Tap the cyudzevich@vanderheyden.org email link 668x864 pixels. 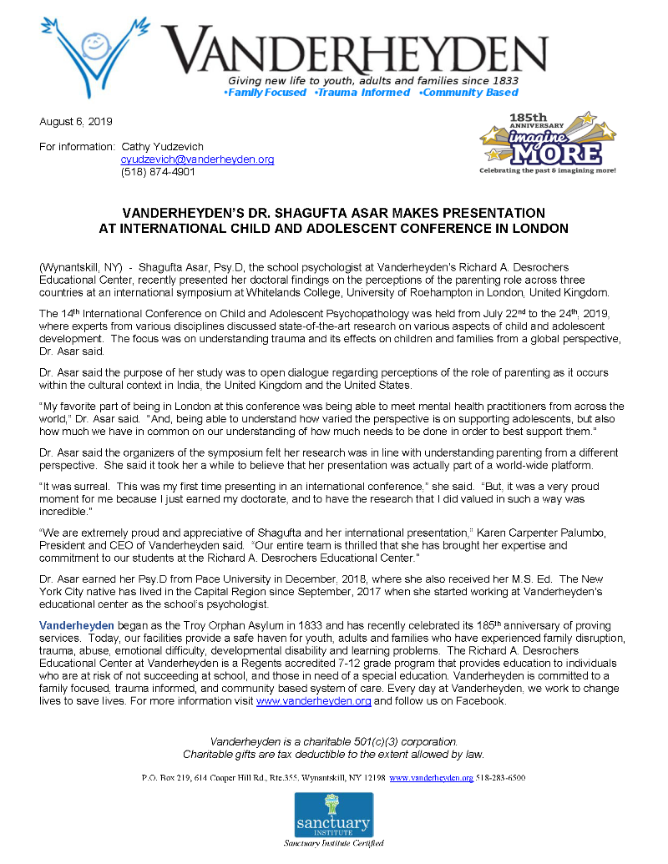(x=197, y=159)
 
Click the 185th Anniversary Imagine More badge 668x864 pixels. (x=547, y=142)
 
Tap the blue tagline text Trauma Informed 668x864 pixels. (x=362, y=93)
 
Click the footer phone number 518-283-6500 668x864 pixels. (x=501, y=778)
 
